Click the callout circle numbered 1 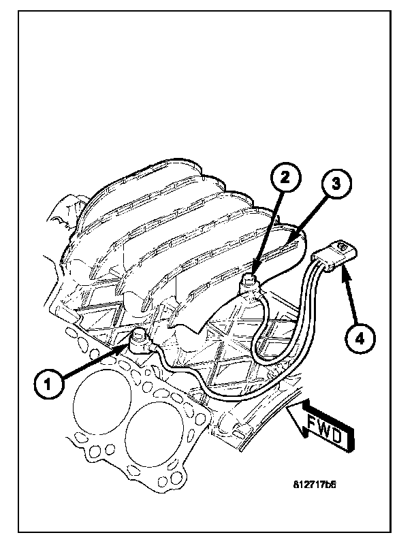(49, 384)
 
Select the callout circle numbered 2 (285, 178)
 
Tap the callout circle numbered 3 (336, 184)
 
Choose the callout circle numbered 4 (360, 338)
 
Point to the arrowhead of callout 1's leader (126, 347)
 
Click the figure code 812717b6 (315, 485)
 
